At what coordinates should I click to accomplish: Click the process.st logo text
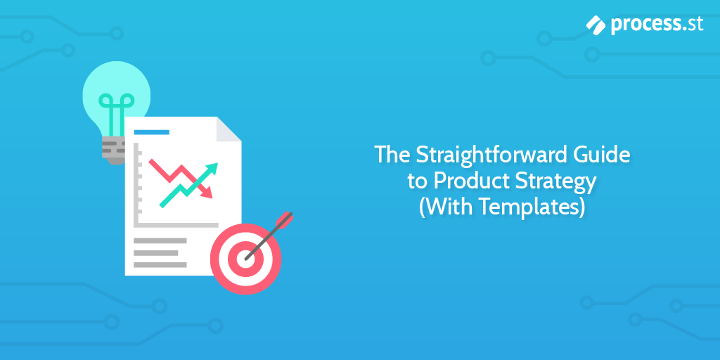point(657,25)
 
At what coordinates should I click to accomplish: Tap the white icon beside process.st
point(596,25)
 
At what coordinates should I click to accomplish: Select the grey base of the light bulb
point(113,150)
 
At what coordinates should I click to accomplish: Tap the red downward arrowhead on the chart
point(207,192)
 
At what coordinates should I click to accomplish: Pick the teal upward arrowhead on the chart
point(212,169)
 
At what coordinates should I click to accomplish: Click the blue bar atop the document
point(152,132)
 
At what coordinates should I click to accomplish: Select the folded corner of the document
point(229,129)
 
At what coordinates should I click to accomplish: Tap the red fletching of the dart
point(285,219)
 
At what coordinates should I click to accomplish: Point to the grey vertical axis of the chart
point(136,184)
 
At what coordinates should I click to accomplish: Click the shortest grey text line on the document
point(155,252)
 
